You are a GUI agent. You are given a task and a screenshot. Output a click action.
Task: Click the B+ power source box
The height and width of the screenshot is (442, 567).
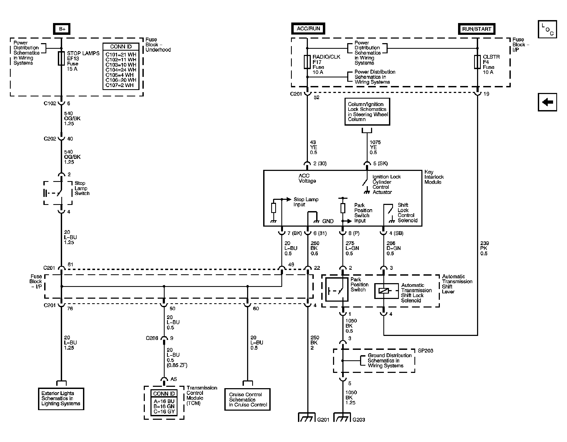62,29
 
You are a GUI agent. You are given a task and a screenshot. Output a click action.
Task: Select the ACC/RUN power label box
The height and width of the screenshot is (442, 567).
308,29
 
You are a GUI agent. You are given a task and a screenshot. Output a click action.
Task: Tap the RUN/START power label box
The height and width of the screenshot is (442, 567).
477,29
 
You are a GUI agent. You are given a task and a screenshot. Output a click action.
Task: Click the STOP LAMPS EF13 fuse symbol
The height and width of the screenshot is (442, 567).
61,58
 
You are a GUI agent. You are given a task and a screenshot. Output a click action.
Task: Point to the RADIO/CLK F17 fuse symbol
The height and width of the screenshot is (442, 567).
307,62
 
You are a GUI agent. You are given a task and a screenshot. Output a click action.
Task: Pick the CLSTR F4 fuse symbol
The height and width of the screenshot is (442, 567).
477,62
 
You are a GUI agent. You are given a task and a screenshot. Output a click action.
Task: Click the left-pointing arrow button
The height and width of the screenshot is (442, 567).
547,102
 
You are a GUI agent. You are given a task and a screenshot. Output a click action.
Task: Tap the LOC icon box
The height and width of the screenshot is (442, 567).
547,29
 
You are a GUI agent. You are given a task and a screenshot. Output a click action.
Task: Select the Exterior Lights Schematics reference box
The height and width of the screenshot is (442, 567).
61,399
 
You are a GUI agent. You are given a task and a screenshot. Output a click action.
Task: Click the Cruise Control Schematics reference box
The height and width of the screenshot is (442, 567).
247,399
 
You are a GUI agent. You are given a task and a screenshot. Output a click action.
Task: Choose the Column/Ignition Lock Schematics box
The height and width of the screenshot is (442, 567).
367,112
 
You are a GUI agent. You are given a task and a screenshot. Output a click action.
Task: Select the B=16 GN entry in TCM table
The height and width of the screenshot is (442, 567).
164,406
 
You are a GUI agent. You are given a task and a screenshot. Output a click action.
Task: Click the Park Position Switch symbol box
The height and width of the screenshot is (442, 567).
337,289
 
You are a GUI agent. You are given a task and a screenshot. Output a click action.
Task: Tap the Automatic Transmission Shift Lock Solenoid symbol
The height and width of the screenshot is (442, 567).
384,291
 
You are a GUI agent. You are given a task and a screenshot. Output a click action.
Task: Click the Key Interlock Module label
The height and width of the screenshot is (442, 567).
434,177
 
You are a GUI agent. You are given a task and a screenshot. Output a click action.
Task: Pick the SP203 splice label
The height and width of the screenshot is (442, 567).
425,350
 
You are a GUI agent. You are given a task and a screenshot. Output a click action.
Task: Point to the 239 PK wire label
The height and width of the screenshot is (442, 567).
484,248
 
